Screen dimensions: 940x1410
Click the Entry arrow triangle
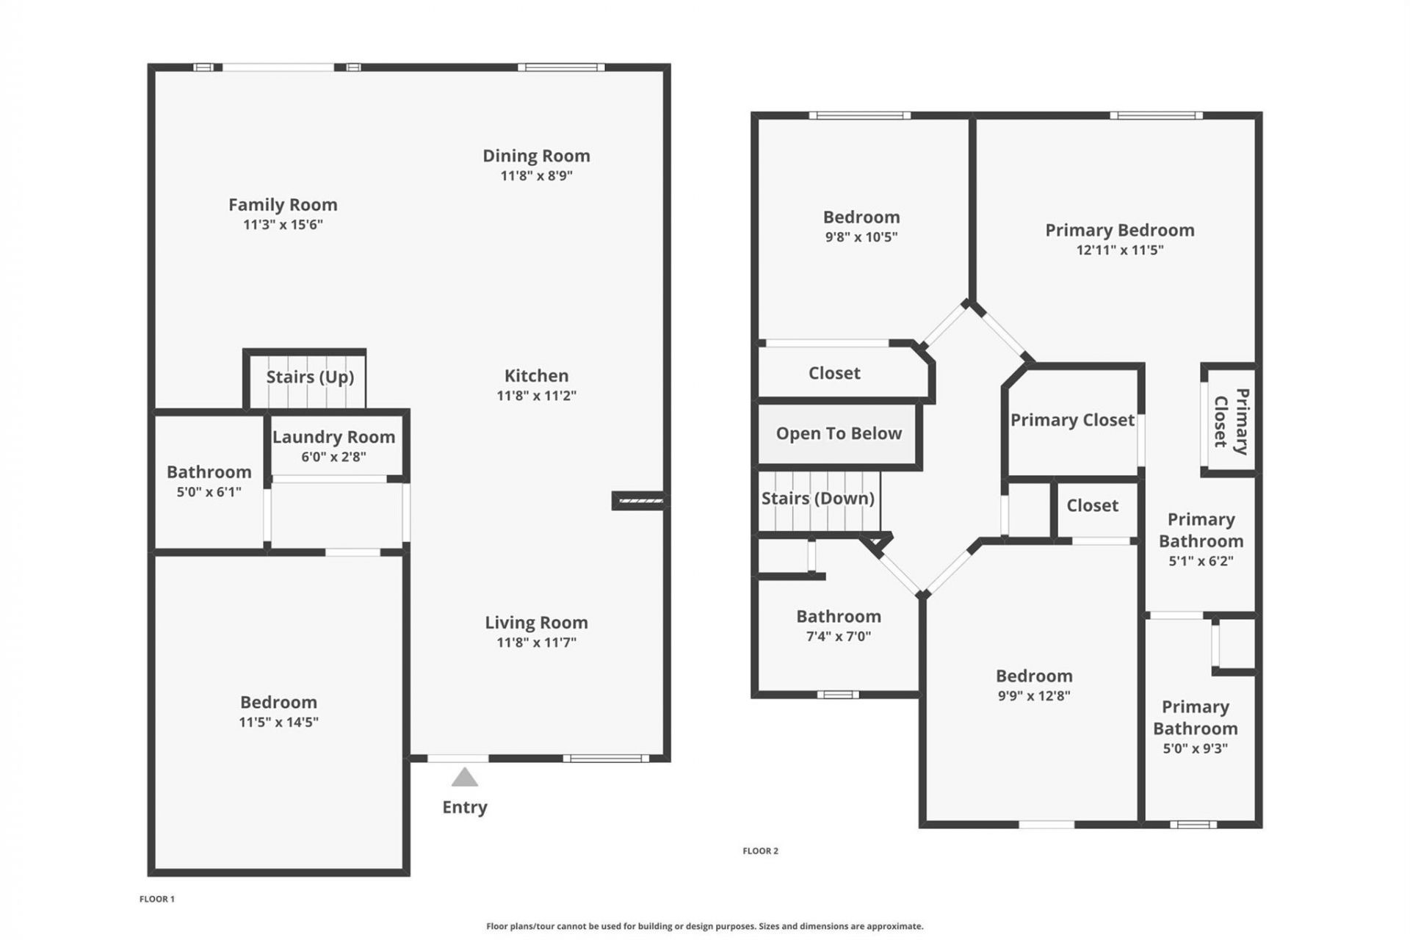(464, 778)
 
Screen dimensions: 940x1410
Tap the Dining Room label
(536, 156)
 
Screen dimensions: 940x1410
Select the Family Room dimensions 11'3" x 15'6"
(283, 225)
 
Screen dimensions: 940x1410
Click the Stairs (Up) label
(310, 377)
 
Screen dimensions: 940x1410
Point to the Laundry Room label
(333, 437)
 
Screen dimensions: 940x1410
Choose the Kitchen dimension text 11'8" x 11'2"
(536, 396)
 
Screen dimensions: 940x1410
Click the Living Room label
(536, 623)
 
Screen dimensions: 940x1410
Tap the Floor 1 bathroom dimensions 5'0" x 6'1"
(209, 492)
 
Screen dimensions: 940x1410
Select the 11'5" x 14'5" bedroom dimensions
(278, 722)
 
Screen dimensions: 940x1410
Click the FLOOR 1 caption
(157, 899)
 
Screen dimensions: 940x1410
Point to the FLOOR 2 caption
(760, 851)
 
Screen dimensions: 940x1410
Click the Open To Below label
(839, 433)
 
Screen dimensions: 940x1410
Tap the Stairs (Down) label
(817, 499)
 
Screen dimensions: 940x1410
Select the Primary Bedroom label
(1119, 230)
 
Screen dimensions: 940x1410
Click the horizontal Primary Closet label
(1072, 420)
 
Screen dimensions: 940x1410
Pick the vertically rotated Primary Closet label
(1231, 422)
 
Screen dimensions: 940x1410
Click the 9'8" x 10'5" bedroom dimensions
(861, 237)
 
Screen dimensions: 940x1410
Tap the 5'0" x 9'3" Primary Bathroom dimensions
(1195, 749)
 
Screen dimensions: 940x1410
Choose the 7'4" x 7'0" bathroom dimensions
(838, 637)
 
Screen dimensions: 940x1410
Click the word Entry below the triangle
(464, 807)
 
